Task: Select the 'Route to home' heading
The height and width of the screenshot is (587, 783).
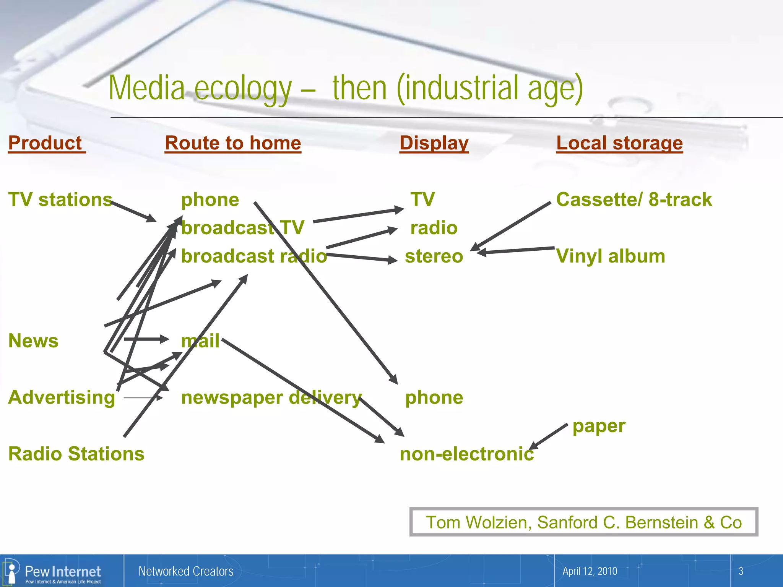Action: pyautogui.click(x=233, y=143)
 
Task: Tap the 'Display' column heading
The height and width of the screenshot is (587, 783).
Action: pyautogui.click(x=434, y=143)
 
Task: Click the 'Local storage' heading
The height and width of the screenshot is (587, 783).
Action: pyautogui.click(x=619, y=143)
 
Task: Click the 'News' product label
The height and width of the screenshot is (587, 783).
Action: pyautogui.click(x=33, y=341)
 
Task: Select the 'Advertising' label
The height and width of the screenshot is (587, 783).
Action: pyautogui.click(x=62, y=397)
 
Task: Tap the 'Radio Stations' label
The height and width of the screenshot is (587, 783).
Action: pyautogui.click(x=76, y=454)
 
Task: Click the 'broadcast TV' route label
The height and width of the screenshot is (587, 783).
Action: pyautogui.click(x=242, y=228)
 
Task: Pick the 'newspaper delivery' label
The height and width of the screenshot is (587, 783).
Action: pyautogui.click(x=271, y=397)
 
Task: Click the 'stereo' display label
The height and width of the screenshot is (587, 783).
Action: pyautogui.click(x=434, y=256)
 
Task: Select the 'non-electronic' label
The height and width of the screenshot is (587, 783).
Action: pyautogui.click(x=466, y=454)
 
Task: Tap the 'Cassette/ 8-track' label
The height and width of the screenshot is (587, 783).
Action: pyautogui.click(x=634, y=199)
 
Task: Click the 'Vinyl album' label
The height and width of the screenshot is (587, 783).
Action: pyautogui.click(x=611, y=256)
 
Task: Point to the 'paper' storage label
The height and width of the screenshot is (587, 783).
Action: pyautogui.click(x=599, y=426)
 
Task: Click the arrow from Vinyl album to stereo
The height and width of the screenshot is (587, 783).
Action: pyautogui.click(x=516, y=250)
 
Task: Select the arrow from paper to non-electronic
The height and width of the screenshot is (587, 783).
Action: pyautogui.click(x=549, y=436)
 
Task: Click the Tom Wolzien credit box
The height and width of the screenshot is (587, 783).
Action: pyautogui.click(x=583, y=522)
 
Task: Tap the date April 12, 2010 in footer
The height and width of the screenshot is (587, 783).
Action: pyautogui.click(x=590, y=571)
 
